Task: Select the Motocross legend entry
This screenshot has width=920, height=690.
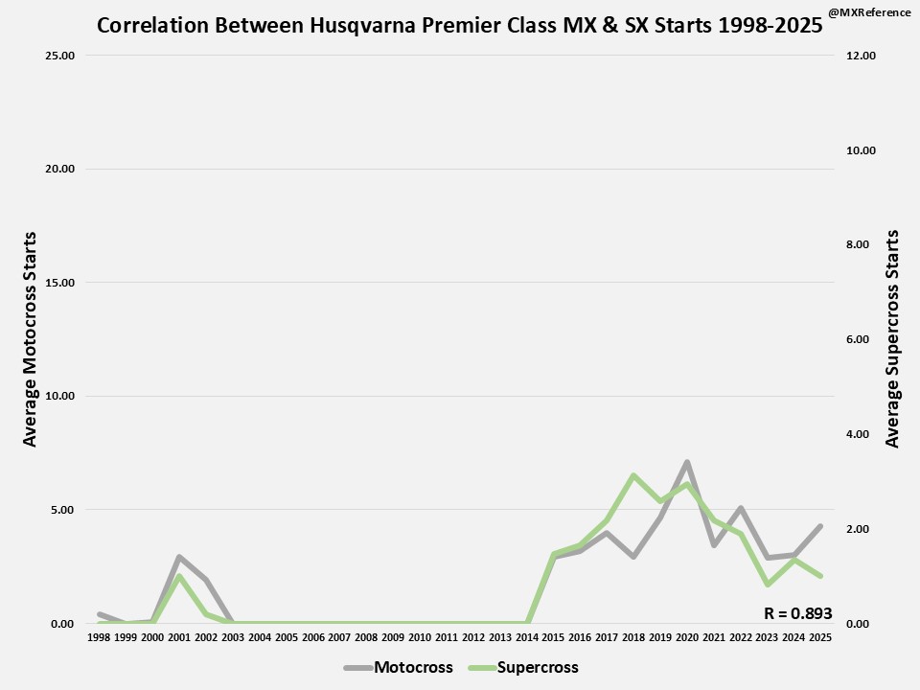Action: (413, 667)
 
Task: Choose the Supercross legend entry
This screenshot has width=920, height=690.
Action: (538, 667)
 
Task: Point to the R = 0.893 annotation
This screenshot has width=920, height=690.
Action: (797, 614)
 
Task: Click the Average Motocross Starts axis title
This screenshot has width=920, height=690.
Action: (30, 338)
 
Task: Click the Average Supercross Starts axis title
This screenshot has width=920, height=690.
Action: (893, 338)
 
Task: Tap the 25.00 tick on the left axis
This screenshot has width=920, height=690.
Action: (60, 56)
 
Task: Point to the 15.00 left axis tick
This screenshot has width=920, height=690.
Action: (60, 283)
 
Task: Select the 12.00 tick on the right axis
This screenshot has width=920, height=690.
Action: (861, 56)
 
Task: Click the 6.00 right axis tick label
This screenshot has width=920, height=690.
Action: (861, 340)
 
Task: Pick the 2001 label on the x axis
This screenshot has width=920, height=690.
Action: (179, 637)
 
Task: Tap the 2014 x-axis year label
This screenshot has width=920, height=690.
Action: (526, 637)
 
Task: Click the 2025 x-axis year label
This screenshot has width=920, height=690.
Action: (819, 637)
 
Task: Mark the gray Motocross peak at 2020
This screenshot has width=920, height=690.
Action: (686, 462)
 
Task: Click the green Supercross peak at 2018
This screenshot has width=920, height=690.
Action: (633, 475)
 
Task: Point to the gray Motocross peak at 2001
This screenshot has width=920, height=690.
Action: (179, 557)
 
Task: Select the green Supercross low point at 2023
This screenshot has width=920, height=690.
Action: (767, 584)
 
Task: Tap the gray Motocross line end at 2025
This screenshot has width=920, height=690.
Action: (819, 526)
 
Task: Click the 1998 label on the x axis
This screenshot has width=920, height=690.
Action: (99, 637)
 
